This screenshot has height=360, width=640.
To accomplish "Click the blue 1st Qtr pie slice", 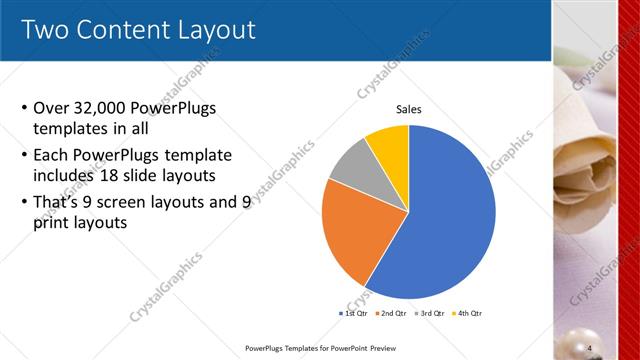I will (440, 220).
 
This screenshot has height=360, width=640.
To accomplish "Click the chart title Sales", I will (409, 109).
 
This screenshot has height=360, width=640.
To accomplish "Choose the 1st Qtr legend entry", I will (354, 314).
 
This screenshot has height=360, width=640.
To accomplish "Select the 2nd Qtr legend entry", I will (390, 314).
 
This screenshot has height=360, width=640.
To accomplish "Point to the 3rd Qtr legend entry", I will (429, 314).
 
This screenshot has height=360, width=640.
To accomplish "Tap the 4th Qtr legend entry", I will (467, 314).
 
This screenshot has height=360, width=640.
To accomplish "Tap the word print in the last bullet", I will (52, 223).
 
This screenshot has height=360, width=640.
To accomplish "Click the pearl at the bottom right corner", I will (612, 345).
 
